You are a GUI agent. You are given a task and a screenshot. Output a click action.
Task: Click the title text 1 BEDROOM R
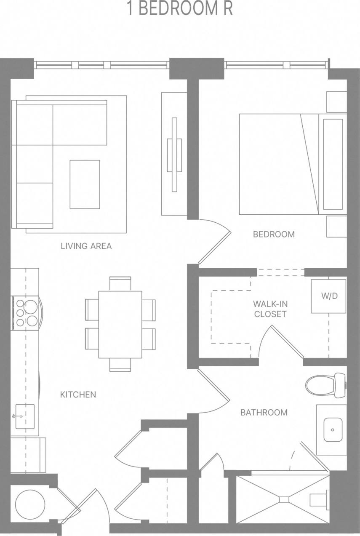180,9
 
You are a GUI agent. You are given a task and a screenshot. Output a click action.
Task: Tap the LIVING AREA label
86,246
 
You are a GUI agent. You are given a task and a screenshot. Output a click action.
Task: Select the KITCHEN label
78,395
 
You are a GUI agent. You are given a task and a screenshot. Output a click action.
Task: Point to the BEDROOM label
274,234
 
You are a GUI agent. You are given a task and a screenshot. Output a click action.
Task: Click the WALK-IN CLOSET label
270,309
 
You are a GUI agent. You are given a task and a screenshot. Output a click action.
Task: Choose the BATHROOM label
264,412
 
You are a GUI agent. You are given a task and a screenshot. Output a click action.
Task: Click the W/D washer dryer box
329,296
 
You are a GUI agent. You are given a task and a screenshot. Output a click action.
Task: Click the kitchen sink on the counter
25,416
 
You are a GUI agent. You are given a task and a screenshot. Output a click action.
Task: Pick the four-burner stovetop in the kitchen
26,313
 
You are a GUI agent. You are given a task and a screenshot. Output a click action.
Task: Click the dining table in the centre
120,324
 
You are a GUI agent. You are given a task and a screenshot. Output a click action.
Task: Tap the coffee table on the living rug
85,184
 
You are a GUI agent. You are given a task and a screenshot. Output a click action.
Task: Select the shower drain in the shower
284,499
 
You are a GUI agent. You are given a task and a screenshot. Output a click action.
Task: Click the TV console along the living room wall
174,154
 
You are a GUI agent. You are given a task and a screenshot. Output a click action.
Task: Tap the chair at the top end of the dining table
120,283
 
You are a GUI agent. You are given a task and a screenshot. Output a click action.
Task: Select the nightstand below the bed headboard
336,227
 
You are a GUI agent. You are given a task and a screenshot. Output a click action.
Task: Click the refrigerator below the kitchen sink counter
28,455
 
